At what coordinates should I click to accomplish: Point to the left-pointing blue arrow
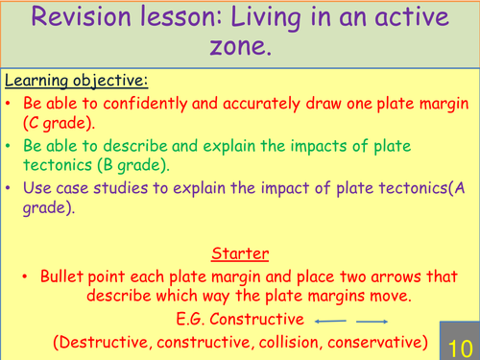(329, 321)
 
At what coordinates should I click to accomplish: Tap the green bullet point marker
(8, 147)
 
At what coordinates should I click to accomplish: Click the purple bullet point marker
(8, 189)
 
